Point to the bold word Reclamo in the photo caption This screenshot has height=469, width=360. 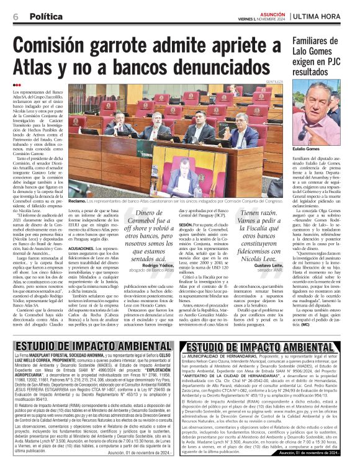(x=77, y=200)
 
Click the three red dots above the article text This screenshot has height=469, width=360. (x=17, y=85)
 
